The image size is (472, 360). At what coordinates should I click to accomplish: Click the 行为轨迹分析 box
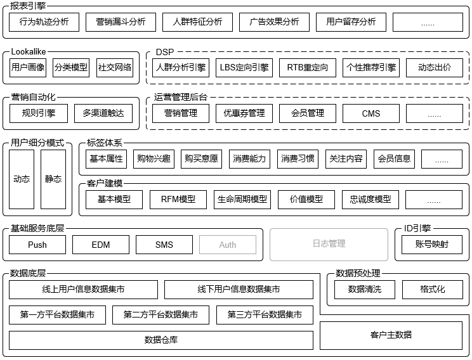[x=44, y=22]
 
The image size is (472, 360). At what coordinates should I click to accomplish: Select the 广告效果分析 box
[x=274, y=22]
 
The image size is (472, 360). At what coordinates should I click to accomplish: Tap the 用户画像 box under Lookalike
[x=28, y=68]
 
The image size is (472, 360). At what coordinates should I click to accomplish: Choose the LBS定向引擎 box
[x=244, y=68]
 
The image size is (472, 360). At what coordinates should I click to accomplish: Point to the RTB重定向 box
[x=308, y=68]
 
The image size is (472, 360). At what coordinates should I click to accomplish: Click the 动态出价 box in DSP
[x=435, y=68]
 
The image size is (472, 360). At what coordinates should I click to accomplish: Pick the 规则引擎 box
[x=39, y=113]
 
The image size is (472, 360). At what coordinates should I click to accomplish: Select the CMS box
[x=371, y=113]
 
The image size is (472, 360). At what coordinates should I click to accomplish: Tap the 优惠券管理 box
[x=244, y=113]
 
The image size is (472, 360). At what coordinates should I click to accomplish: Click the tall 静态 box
[x=53, y=179]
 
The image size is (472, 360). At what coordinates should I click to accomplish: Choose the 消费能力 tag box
[x=249, y=159]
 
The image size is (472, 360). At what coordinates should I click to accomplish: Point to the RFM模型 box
[x=178, y=200]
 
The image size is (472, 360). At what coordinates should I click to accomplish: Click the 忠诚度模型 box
[x=370, y=200]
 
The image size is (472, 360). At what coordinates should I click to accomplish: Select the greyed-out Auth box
[x=228, y=245]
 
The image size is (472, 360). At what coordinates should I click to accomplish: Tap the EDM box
[x=101, y=245]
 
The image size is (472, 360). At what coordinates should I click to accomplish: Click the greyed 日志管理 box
[x=329, y=245]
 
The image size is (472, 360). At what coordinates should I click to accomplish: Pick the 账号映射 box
[x=432, y=245]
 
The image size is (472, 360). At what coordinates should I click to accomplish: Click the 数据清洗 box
[x=365, y=290]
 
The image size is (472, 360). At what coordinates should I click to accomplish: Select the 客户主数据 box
[x=391, y=335]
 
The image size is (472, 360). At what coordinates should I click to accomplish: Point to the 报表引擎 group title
[x=28, y=6]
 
